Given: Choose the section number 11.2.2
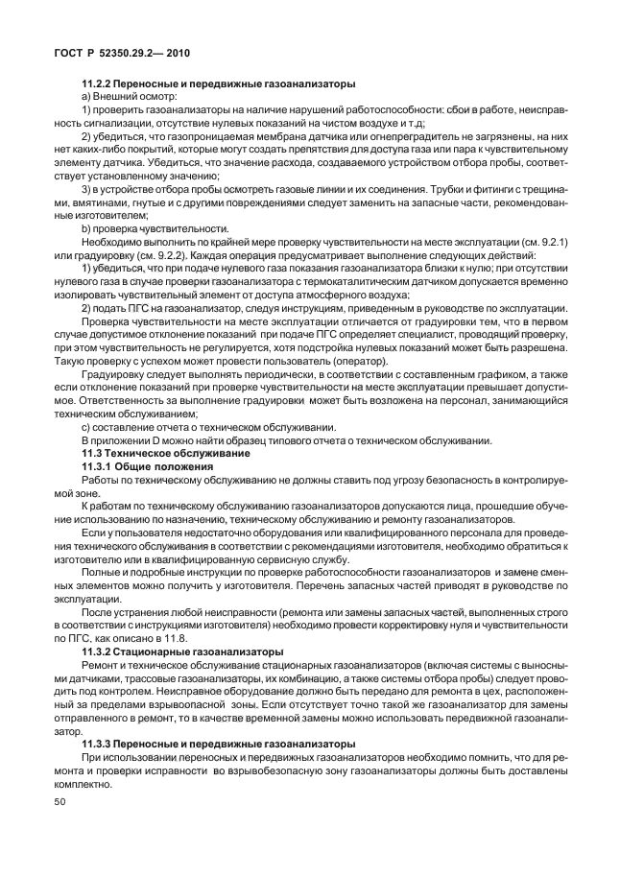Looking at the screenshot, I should [x=98, y=83].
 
